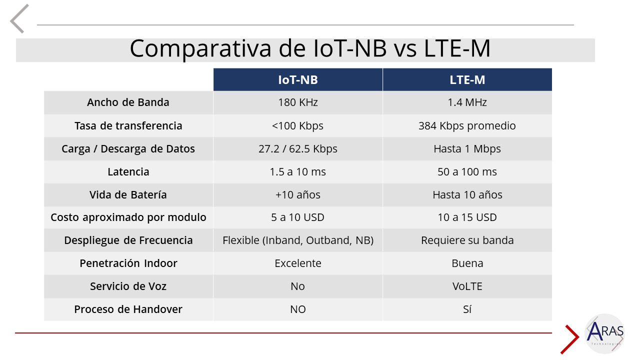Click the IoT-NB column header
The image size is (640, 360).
[x=298, y=80]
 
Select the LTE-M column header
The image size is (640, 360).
[x=467, y=80]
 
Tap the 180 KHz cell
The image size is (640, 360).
[x=298, y=102]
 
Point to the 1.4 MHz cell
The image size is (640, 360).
[x=467, y=102]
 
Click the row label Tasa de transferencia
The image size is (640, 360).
[x=128, y=125]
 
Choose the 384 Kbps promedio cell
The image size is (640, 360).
[x=467, y=125]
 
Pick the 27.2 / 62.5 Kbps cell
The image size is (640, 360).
[x=298, y=148]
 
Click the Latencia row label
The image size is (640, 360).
[x=128, y=171]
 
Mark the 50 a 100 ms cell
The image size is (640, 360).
[x=467, y=171]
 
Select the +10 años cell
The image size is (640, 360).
[x=298, y=194]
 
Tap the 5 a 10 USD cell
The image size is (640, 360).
[x=298, y=217]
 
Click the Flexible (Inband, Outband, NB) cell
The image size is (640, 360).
[x=298, y=240]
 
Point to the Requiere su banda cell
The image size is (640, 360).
[x=467, y=240]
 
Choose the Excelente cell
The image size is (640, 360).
[x=298, y=263]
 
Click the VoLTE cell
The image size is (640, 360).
[x=467, y=286]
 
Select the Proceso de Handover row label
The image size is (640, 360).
[x=128, y=309]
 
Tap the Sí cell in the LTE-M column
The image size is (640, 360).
[x=467, y=309]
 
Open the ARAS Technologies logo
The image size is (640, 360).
[x=604, y=333]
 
